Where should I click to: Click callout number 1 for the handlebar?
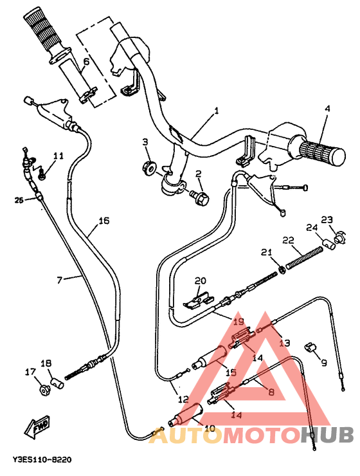pos(216,111)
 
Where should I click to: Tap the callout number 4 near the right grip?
pos(327,109)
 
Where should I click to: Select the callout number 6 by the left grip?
pos(86,62)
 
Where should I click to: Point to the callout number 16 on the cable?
pos(103,221)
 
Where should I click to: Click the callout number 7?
pos(59,280)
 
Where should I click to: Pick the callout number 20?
pos(201,280)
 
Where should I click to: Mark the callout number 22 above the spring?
pos(288,240)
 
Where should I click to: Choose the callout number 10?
pos(209,428)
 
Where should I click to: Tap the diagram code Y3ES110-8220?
pos(42,461)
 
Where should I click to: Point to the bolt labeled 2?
pos(201,199)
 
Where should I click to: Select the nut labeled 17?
pos(44,390)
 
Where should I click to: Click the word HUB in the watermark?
pos(328,435)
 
